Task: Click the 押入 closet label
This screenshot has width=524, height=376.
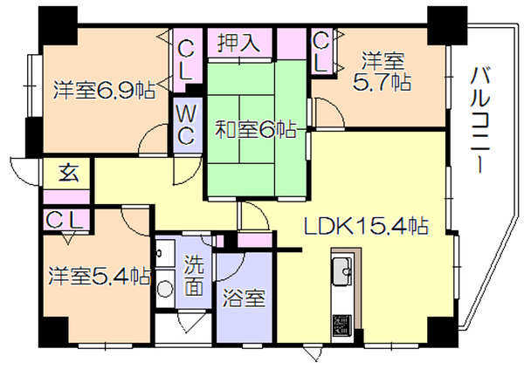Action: (x=238, y=44)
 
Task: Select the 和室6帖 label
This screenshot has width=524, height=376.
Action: (x=256, y=130)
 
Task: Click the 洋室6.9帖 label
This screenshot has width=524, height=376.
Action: (x=105, y=90)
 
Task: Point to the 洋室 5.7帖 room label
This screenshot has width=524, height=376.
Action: (x=383, y=72)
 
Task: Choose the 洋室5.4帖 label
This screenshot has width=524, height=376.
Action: (x=100, y=276)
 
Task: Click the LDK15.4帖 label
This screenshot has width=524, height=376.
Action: (x=366, y=227)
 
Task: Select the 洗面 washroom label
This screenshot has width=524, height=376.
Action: (x=194, y=276)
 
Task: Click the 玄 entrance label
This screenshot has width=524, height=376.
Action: (x=69, y=173)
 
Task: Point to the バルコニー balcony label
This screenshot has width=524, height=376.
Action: (x=479, y=120)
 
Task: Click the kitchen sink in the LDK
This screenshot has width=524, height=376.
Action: (x=342, y=270)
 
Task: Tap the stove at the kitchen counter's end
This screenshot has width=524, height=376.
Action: (x=342, y=325)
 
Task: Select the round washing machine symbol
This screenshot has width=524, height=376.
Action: (x=165, y=288)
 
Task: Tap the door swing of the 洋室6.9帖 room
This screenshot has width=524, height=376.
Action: (x=153, y=140)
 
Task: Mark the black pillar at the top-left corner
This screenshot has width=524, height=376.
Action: (x=59, y=25)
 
